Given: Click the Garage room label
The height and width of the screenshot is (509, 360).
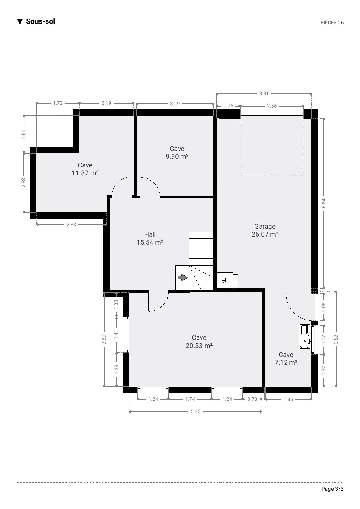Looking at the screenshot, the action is pos(265,226).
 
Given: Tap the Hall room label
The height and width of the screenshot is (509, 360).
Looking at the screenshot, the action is pos(150,234).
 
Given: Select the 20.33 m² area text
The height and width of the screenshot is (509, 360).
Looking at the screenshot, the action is pos(199,346).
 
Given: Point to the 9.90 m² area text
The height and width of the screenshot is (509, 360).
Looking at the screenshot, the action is pos(177,156).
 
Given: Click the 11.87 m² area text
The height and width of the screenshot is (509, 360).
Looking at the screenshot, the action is pos(85,173).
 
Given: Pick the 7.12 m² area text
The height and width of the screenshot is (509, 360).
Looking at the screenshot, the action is pos(286,362).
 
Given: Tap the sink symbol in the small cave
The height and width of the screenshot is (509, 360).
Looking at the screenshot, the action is pos(305,336).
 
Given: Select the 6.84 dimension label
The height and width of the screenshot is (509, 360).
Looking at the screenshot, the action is pos(324,203).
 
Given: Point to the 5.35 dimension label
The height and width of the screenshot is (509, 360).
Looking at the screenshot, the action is pos(196,411).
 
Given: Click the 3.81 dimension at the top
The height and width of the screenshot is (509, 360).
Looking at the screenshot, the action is pos(264,93).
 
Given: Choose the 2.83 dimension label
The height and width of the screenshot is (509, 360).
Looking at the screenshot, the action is pos(71,225).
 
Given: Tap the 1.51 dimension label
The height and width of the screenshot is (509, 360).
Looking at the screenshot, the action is pos(24,134).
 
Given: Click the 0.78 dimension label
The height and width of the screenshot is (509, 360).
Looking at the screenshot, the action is pos(252,399).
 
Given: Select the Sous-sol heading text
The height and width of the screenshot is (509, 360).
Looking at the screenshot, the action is pos(40,21).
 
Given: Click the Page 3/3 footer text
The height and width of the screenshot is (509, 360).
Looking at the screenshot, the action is pos(332,489).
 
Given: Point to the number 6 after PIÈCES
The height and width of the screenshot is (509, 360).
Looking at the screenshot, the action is pos(343,23).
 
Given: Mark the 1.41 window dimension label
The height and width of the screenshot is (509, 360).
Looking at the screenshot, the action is pos(116,335).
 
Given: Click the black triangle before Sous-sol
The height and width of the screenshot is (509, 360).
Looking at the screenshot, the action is pos(20,22).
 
